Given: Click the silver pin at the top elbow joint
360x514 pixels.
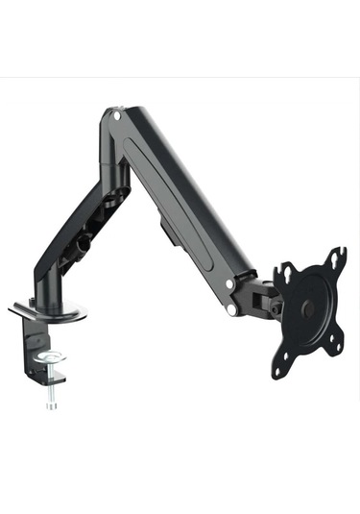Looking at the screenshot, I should click(116, 114).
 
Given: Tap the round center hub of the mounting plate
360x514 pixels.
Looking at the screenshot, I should click(308, 309).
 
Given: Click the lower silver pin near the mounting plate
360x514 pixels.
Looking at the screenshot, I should click(234, 310).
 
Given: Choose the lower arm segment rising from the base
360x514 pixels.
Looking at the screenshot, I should click(72, 240).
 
